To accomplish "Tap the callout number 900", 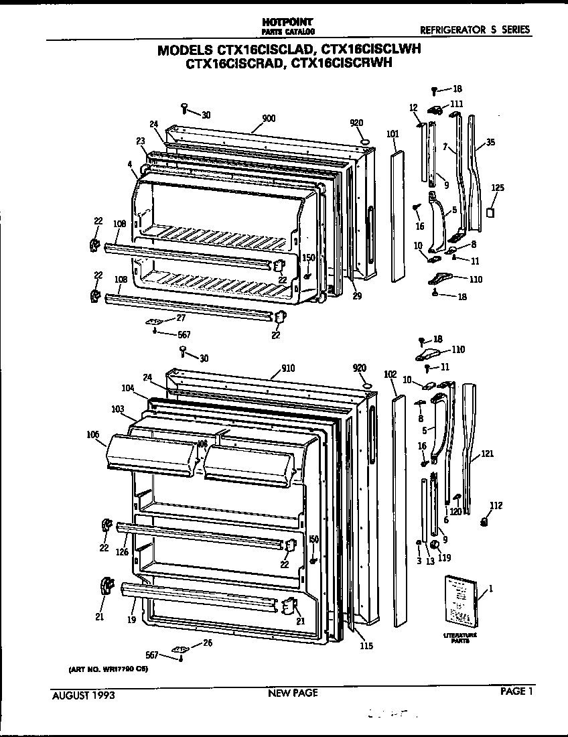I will (269, 119).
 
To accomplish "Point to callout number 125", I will (498, 188).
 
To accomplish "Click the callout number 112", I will (496, 506).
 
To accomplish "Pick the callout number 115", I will (366, 646).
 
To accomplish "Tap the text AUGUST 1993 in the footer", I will (84, 695).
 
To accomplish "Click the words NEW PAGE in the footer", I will (292, 693).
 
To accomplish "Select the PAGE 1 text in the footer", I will (516, 693).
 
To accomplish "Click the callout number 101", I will (393, 134).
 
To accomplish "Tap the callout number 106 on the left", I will (92, 434).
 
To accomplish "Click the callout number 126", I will (122, 553).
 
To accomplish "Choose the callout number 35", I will (490, 143).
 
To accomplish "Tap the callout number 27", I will (181, 318).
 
